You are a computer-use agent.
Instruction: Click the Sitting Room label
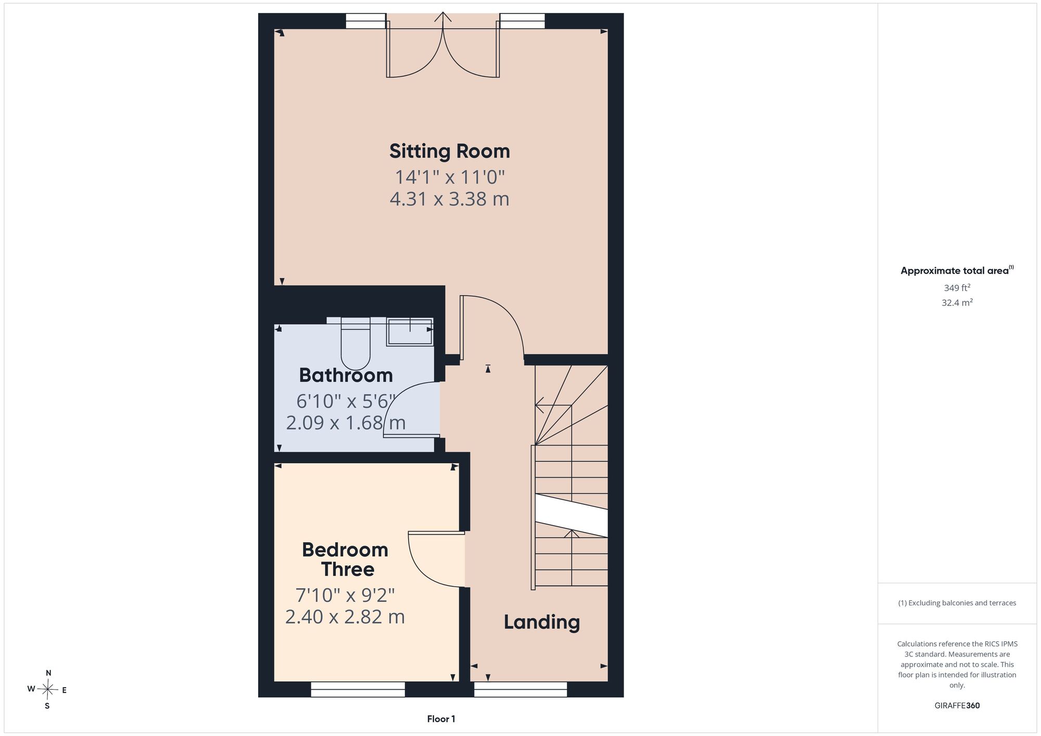click(450, 151)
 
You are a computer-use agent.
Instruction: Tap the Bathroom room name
click(346, 375)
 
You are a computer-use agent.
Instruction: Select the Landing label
click(541, 623)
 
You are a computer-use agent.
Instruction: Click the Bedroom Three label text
click(346, 560)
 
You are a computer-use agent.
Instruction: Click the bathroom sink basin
click(410, 332)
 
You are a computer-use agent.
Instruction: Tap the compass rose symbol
click(47, 690)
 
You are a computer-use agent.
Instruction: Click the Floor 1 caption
click(441, 719)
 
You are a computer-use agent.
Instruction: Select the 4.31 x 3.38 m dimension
click(449, 199)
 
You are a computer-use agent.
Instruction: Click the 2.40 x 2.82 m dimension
click(345, 617)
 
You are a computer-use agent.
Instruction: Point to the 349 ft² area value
click(957, 287)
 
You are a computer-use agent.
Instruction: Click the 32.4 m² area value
click(957, 302)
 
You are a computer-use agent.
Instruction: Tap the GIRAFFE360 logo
click(957, 706)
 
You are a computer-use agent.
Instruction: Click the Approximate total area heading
click(957, 270)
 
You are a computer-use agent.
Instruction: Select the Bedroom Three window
click(358, 689)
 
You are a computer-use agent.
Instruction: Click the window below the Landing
click(520, 689)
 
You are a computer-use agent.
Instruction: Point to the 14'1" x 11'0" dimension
click(450, 177)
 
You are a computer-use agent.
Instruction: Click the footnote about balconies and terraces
click(957, 603)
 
